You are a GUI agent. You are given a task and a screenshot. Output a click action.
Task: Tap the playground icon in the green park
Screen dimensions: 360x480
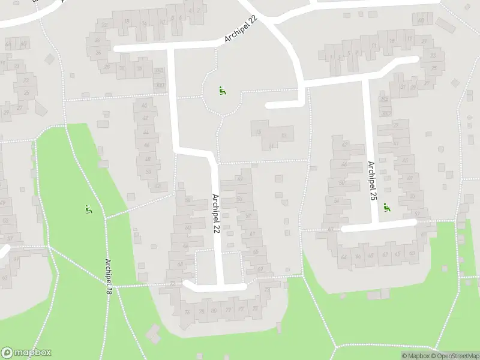pos(89,209)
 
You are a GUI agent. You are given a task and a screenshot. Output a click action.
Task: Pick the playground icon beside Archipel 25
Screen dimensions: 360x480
pos(386,207)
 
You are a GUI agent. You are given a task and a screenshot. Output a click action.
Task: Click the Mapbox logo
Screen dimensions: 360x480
pos(26,353)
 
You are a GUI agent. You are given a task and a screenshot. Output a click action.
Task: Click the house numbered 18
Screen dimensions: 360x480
pos(125,22)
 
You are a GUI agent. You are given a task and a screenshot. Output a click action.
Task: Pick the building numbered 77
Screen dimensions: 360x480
pos(241,310)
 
